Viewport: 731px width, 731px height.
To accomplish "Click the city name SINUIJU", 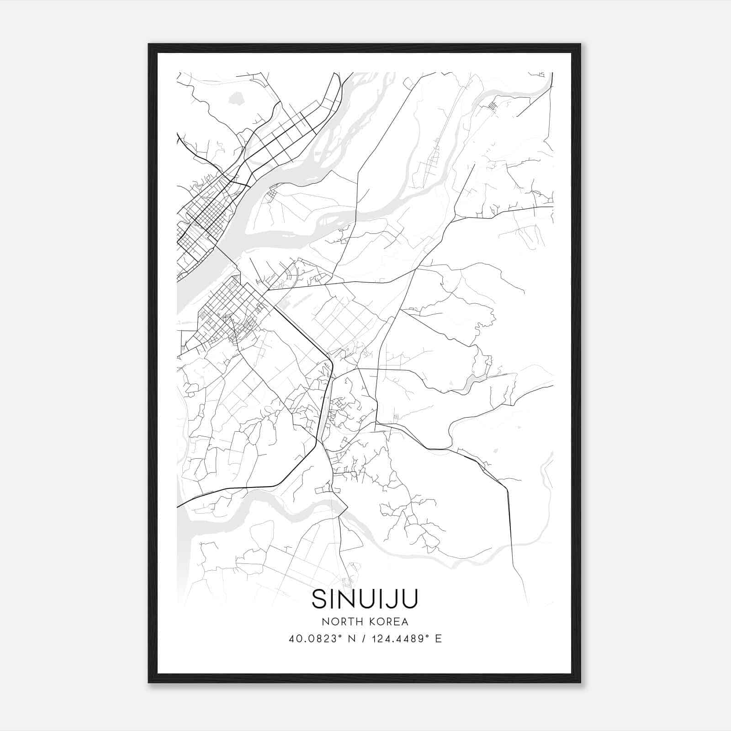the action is (365, 599).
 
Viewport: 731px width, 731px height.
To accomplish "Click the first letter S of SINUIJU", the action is (318, 599).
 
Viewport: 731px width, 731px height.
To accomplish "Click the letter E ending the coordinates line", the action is (439, 639).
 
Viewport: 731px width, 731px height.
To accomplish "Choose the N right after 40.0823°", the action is (351, 639).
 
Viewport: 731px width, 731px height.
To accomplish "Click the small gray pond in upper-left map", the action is (236, 98).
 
